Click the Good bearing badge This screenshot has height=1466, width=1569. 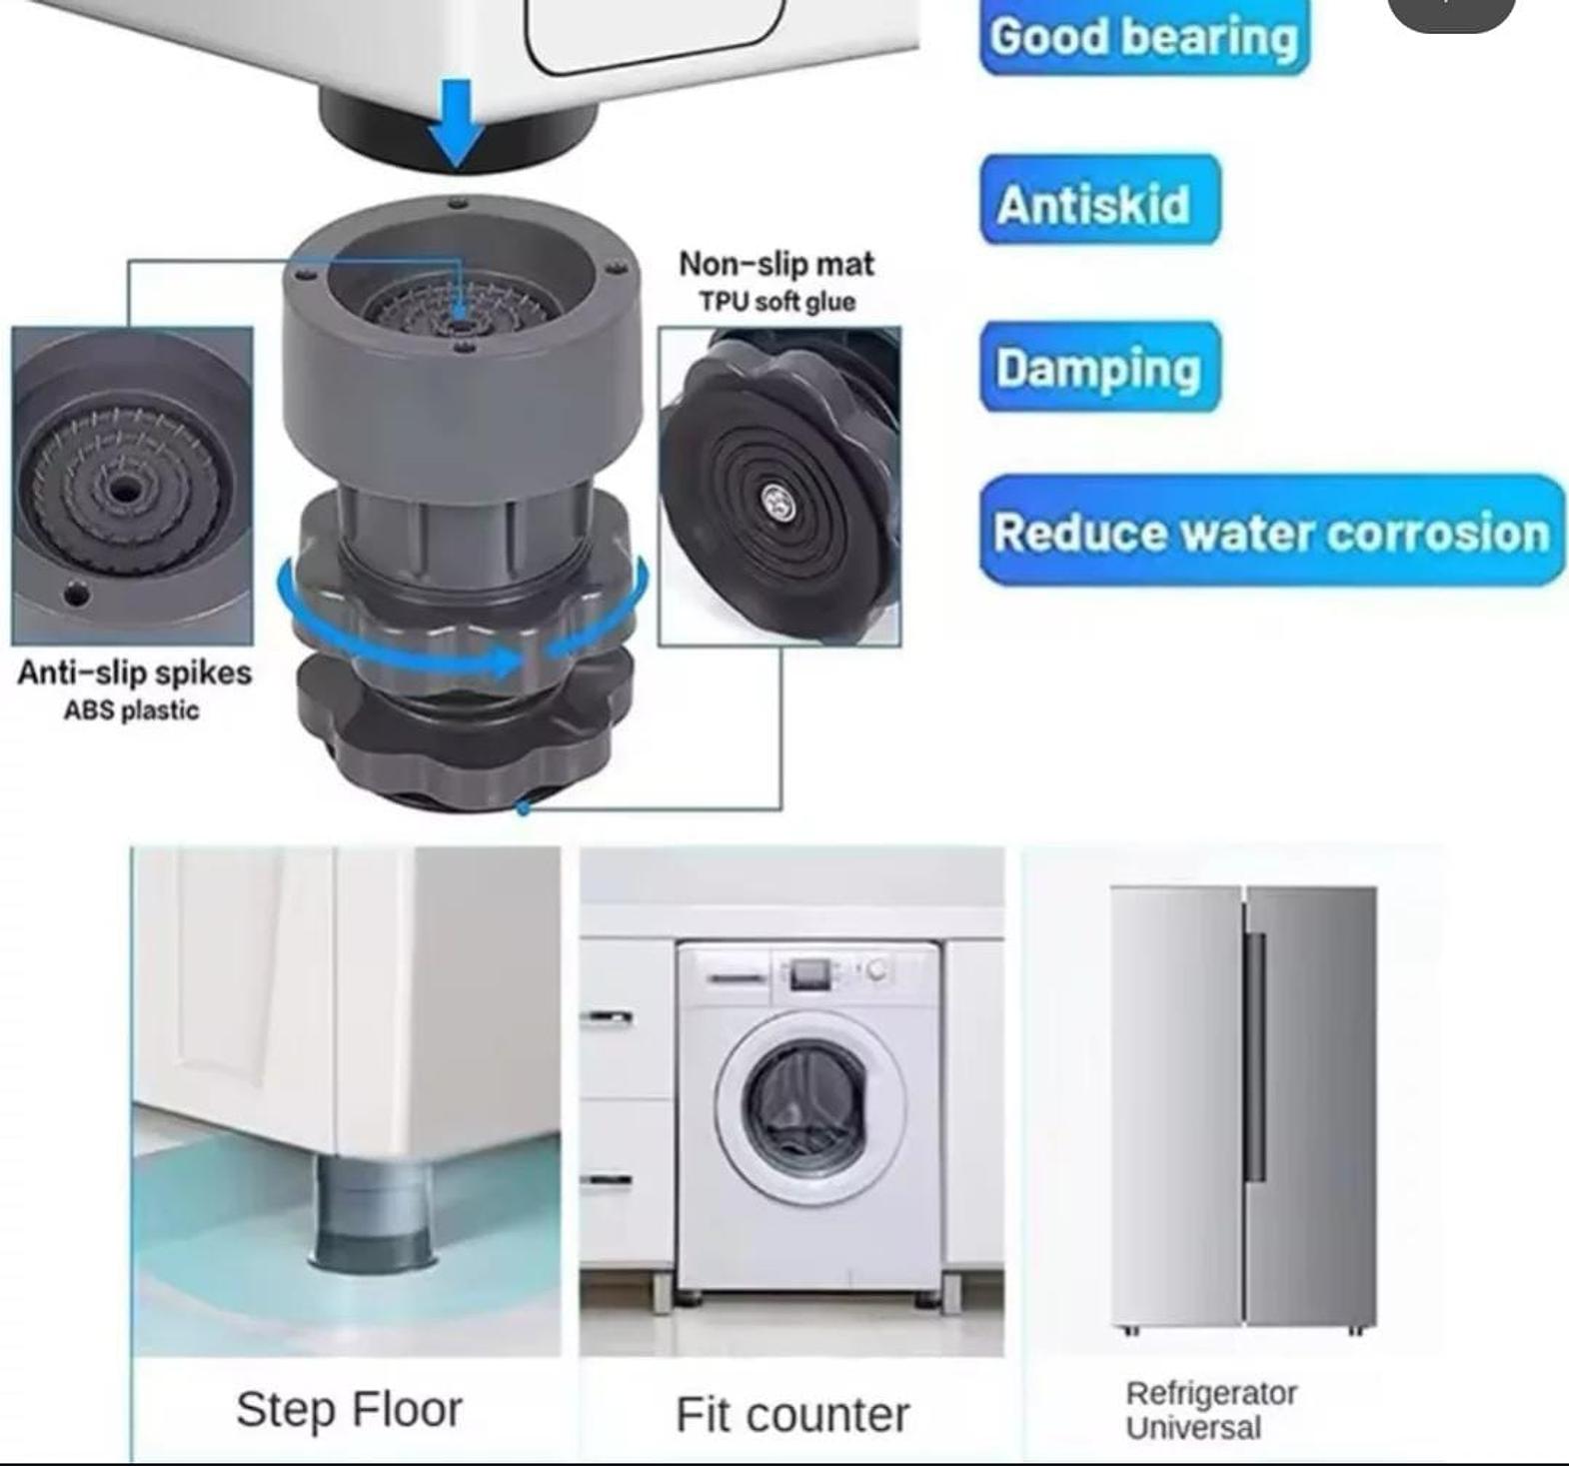pos(1144,37)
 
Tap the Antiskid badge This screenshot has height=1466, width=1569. pos(1100,200)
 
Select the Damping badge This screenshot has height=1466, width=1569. pos(1100,366)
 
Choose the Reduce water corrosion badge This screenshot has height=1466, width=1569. pos(1272,531)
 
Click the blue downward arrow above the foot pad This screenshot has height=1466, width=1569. pos(457,123)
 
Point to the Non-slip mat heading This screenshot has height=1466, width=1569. pos(777,264)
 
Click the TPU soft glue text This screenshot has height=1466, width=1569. pos(777,302)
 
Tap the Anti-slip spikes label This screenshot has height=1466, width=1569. pos(135,673)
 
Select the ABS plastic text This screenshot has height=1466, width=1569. pos(131,711)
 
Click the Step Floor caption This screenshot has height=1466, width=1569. pos(349,1410)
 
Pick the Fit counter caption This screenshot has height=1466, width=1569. pos(792,1415)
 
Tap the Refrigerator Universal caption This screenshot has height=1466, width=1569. pos(1211,1410)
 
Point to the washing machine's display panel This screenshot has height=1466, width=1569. pos(810,972)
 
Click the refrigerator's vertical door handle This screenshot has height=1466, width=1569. pos(1255,1057)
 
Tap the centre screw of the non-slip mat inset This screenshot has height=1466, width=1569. pos(777,501)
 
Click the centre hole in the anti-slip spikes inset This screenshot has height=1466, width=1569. pos(124,490)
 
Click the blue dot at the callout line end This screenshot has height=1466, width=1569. pos(522,807)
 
